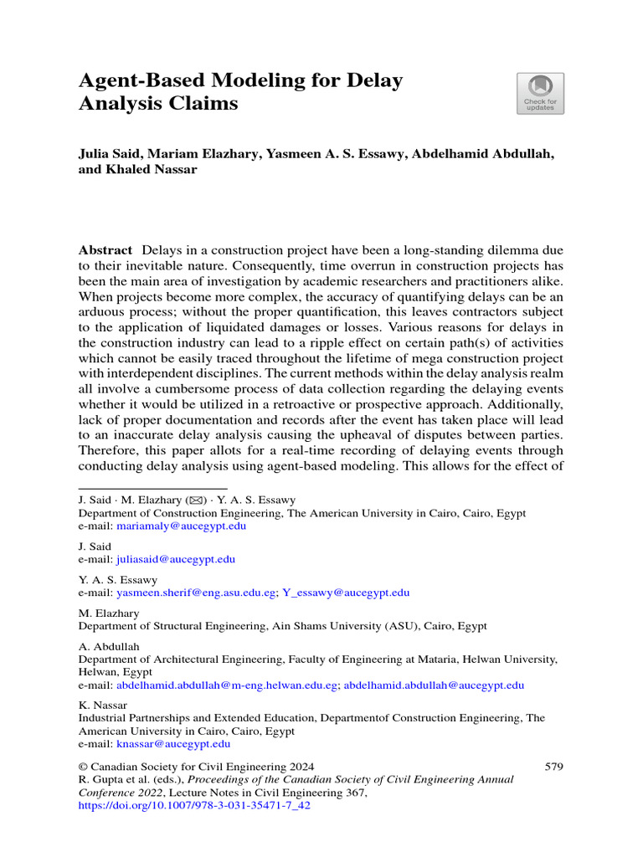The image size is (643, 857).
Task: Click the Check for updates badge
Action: point(540,93)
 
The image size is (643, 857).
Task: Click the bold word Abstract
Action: point(105,250)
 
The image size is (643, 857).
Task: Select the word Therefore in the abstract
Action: point(108,453)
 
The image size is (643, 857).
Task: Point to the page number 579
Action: point(553,767)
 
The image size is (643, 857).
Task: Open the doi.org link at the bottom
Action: point(194,806)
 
